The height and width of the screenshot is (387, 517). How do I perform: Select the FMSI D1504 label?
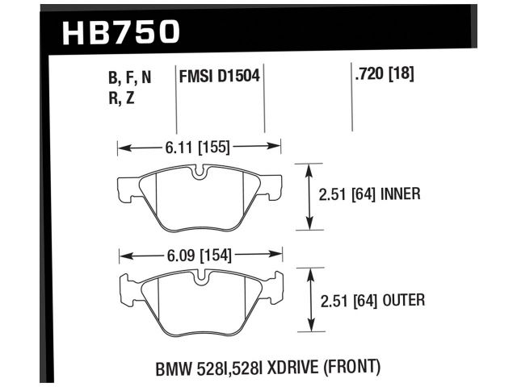pyautogui.click(x=219, y=77)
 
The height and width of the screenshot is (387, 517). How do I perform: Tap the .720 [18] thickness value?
pyautogui.click(x=384, y=76)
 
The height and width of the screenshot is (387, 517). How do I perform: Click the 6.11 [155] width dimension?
pyautogui.click(x=199, y=147)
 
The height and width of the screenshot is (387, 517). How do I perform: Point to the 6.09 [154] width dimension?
pyautogui.click(x=199, y=256)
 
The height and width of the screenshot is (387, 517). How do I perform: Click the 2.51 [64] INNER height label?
pyautogui.click(x=368, y=195)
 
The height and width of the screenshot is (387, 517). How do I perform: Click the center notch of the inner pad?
pyautogui.click(x=200, y=171)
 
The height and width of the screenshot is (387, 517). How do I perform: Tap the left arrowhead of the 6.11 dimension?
pyautogui.click(x=122, y=148)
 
